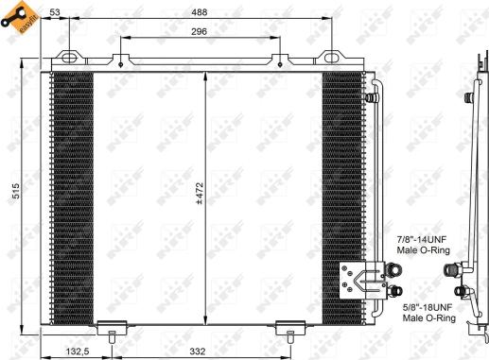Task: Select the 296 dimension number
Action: tap(198, 31)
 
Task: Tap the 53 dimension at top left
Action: tap(56, 12)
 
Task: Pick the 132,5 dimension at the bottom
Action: tap(79, 351)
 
